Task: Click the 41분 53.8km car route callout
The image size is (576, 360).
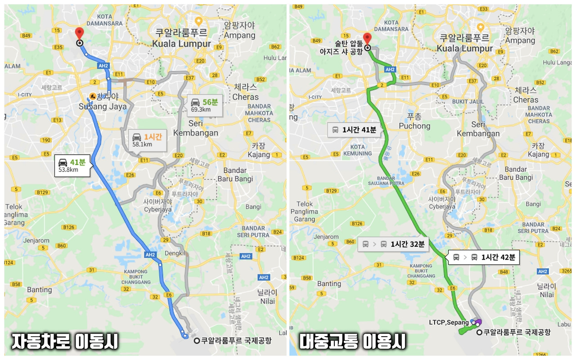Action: click(x=73, y=165)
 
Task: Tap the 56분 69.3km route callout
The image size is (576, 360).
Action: click(x=205, y=105)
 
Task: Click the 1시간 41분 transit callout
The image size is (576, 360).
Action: click(x=354, y=130)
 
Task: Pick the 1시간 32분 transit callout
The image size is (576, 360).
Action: click(x=394, y=244)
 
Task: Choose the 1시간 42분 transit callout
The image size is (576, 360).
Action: click(x=485, y=257)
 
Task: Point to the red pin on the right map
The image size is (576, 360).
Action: click(x=367, y=39)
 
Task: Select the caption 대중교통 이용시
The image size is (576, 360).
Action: click(x=353, y=341)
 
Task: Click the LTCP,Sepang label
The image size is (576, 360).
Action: click(x=449, y=322)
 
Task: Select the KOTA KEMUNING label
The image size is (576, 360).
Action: click(x=357, y=150)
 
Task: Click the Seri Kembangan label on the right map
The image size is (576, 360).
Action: click(x=478, y=129)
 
